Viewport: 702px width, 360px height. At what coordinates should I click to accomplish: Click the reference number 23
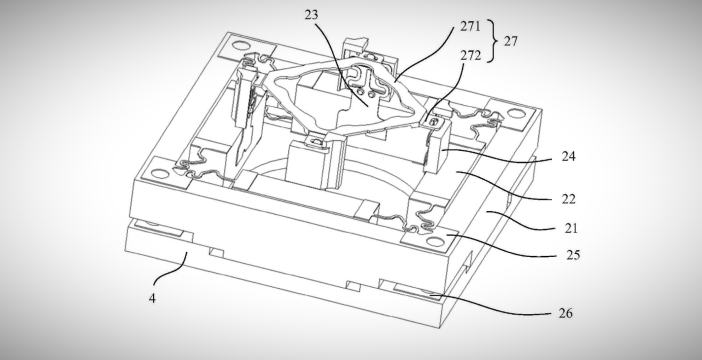[x=312, y=15]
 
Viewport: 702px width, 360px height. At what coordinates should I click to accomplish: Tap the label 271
[x=470, y=26]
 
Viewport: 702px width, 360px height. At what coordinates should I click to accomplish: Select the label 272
[x=471, y=56]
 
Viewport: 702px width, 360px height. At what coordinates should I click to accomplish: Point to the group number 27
[x=511, y=41]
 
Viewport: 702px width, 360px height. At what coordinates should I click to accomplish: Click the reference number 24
[x=569, y=156]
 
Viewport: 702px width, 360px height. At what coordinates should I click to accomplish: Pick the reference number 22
[x=569, y=199]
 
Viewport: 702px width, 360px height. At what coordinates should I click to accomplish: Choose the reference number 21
[x=571, y=228]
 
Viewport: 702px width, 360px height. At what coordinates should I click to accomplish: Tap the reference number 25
[x=573, y=255]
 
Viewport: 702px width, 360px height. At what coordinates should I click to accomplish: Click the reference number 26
[x=566, y=313]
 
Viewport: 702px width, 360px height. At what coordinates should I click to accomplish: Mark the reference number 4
[x=152, y=299]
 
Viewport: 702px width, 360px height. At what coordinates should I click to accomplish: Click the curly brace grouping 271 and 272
[x=493, y=41]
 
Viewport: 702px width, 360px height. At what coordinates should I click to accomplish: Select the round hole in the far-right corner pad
[x=516, y=114]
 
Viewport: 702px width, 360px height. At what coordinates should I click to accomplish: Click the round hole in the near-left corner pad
[x=158, y=173]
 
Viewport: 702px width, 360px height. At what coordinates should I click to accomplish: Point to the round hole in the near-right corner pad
[x=434, y=242]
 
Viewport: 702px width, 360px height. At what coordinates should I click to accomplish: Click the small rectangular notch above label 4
[x=217, y=253]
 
